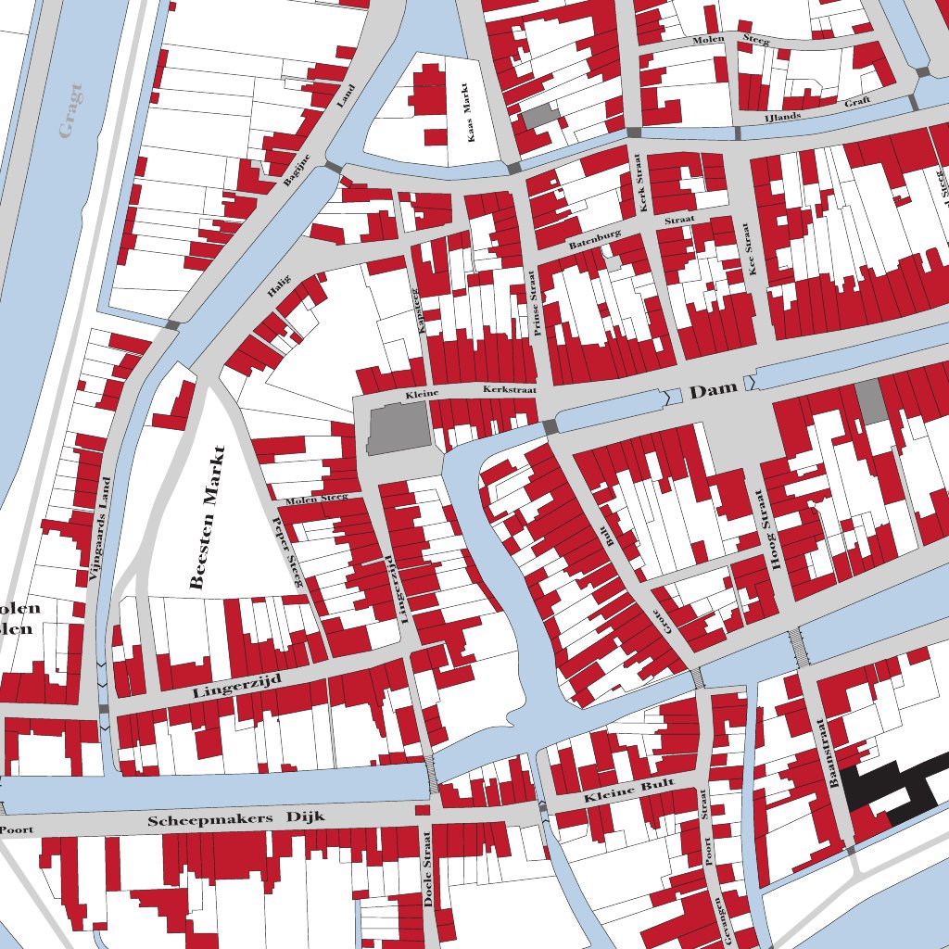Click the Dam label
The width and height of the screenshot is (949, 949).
tap(713, 390)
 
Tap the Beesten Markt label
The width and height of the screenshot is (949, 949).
tap(208, 517)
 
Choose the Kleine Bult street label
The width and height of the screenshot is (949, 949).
tap(627, 794)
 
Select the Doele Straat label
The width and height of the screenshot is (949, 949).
tap(428, 880)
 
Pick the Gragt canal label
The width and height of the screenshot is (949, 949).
tap(70, 110)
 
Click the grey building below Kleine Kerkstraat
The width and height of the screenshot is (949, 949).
tap(399, 429)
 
